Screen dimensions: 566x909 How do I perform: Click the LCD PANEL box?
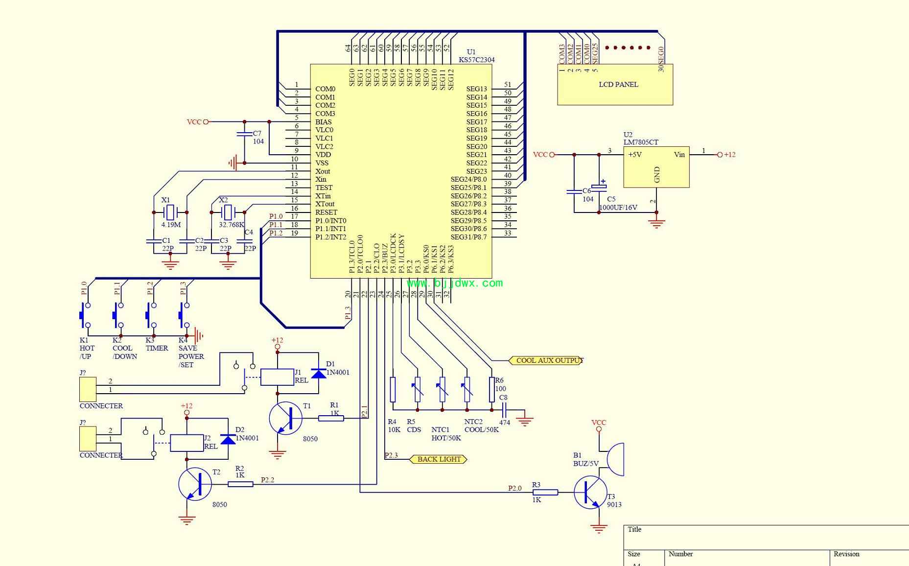(x=615, y=84)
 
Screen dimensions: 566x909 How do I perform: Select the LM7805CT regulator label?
(x=641, y=142)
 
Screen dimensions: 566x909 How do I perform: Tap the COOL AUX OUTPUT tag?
(x=546, y=360)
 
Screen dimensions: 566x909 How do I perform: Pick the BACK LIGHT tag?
(x=439, y=459)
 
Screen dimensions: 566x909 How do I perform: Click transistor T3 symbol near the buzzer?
(x=590, y=493)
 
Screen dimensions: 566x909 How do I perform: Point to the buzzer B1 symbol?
(x=615, y=459)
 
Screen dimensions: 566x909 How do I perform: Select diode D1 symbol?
(x=319, y=373)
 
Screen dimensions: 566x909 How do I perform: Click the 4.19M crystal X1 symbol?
(x=170, y=212)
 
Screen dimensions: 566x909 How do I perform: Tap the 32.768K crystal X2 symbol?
(x=228, y=212)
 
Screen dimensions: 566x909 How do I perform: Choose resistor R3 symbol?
(x=545, y=493)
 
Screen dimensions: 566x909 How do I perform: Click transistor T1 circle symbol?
(x=285, y=418)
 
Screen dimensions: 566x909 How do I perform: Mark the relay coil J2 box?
(x=186, y=443)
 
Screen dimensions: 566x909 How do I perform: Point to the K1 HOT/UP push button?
(x=85, y=315)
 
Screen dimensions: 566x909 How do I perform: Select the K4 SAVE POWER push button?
(x=184, y=315)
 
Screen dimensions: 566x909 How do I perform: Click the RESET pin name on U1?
(x=326, y=212)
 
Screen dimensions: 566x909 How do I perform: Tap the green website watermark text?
(x=455, y=283)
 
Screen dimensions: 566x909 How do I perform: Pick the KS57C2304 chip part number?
(x=476, y=60)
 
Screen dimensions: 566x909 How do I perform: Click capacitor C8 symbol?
(x=504, y=410)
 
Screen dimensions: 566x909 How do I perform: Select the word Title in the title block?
(x=634, y=529)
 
